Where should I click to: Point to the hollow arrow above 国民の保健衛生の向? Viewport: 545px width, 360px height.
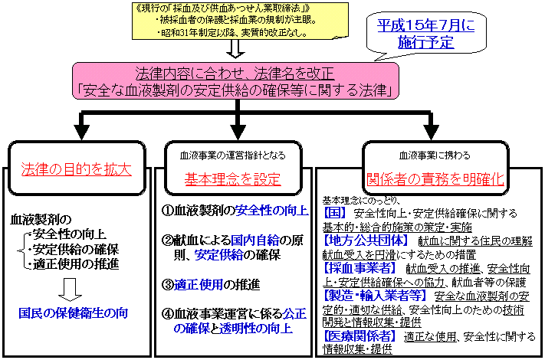[x=73, y=289]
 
